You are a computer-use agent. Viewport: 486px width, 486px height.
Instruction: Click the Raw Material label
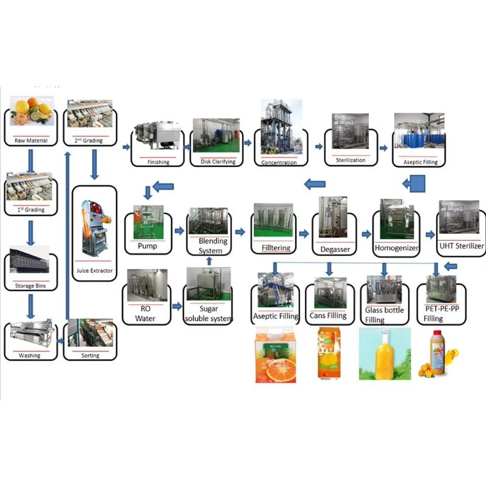[31, 141]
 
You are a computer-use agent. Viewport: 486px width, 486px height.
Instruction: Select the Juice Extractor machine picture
[94, 228]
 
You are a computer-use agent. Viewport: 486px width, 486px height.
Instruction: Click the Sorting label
[90, 356]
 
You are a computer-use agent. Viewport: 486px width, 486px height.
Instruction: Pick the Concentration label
[279, 162]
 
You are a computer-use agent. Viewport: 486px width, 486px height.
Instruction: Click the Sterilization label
[351, 160]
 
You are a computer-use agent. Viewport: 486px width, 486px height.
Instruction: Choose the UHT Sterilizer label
[462, 246]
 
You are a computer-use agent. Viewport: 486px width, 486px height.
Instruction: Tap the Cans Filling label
[328, 316]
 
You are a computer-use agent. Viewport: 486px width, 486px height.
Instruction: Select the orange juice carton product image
[275, 355]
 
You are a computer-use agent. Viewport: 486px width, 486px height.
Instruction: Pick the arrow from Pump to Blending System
[179, 231]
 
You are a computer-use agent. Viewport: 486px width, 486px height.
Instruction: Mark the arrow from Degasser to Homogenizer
[366, 233]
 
